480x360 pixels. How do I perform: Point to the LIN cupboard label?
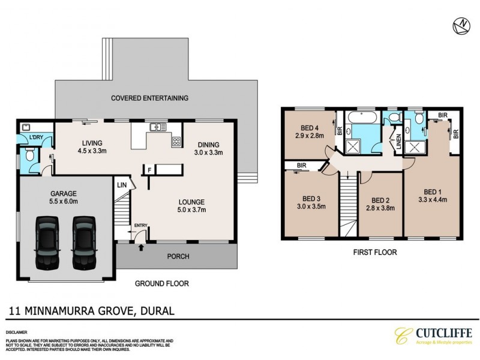pos(122,185)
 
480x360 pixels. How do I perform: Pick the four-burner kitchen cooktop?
pos(176,142)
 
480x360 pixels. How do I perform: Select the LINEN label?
pos(398,142)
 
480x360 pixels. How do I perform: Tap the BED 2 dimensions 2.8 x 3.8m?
pos(380,209)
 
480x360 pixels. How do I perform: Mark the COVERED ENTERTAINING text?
pos(149,98)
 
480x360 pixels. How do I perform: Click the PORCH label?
pos(178,256)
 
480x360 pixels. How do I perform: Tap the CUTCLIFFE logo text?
pos(445,333)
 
